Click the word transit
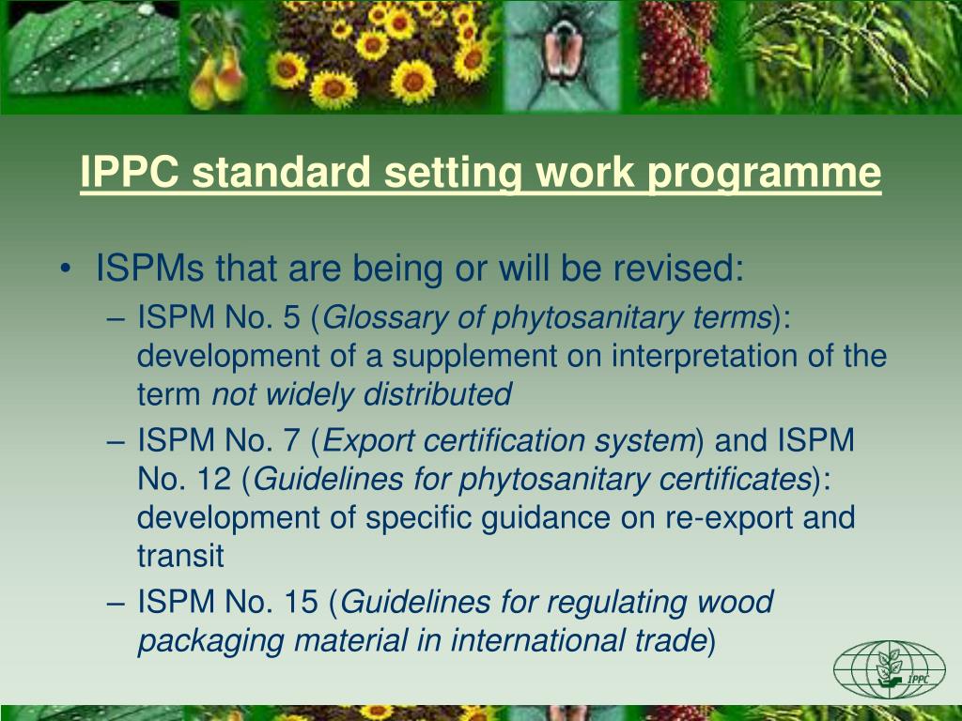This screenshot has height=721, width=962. pyautogui.click(x=180, y=557)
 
